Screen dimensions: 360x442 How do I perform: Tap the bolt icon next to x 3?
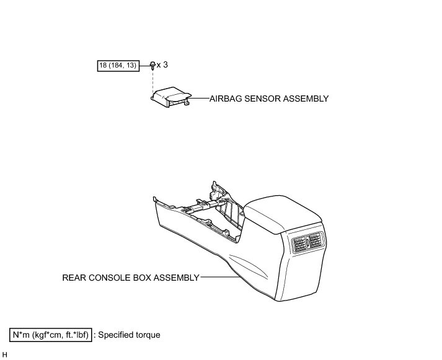(x=152, y=64)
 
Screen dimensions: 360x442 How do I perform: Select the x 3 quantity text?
(x=162, y=64)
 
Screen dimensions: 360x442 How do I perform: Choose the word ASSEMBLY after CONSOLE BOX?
(x=174, y=278)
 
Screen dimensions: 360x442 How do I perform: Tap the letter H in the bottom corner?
(x=5, y=354)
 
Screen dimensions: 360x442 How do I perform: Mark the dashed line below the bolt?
(x=152, y=79)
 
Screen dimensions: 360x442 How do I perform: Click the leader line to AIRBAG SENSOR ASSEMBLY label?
(x=199, y=98)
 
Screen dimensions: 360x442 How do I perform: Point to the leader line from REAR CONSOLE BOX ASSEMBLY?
(x=217, y=278)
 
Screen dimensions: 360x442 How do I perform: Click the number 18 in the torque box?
(x=104, y=65)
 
